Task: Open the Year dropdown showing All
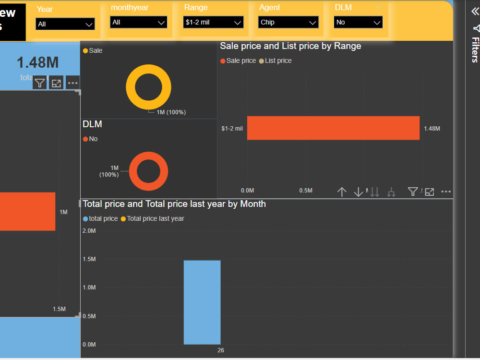(65, 24)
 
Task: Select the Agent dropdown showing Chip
(288, 22)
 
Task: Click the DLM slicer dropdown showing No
(358, 22)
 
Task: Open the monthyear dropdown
(139, 22)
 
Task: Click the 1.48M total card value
(38, 62)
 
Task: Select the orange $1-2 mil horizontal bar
(333, 128)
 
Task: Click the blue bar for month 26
(202, 302)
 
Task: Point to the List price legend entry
(278, 60)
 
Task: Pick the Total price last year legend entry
(155, 218)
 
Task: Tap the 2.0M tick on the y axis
(89, 231)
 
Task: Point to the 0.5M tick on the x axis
(306, 191)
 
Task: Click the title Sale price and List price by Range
(290, 46)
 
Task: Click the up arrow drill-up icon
(342, 192)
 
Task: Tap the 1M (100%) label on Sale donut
(171, 112)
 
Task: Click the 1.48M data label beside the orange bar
(432, 129)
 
